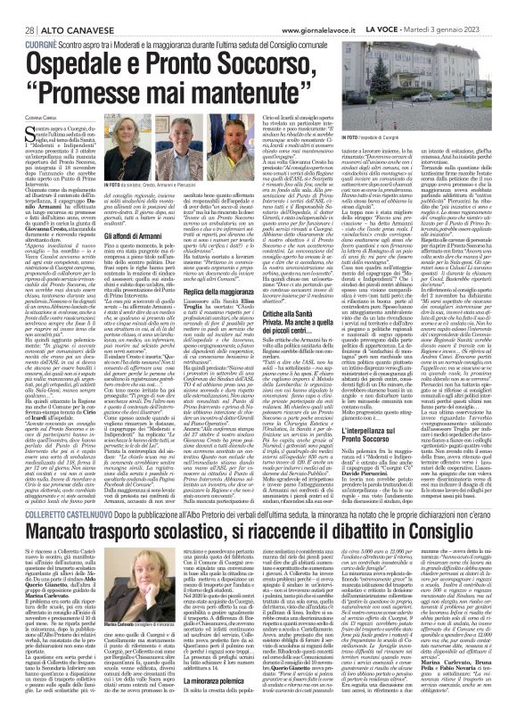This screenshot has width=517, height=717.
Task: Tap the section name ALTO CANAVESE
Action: point(60,7)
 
